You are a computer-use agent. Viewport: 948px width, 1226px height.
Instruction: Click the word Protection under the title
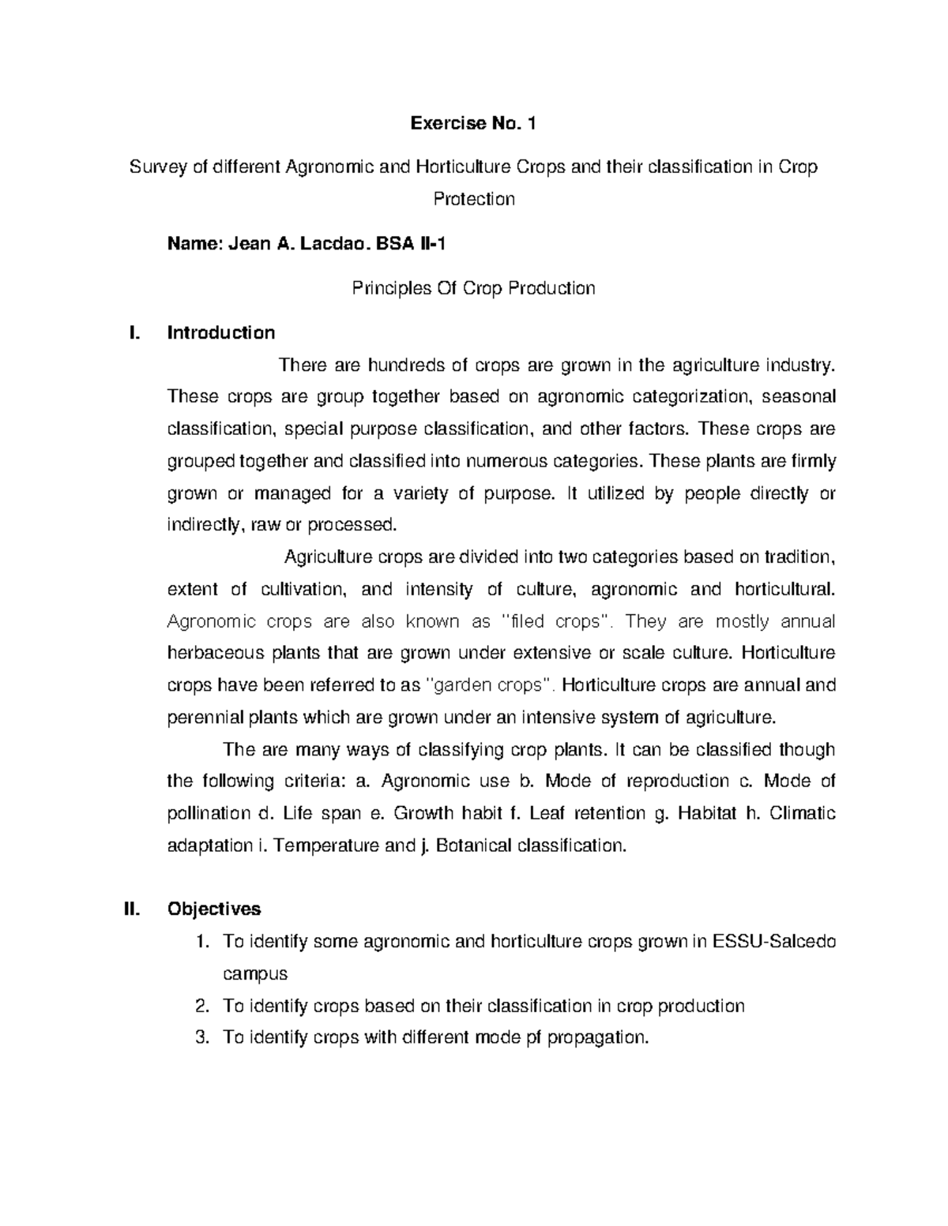pyautogui.click(x=474, y=198)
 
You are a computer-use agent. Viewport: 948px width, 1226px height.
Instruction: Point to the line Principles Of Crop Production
pyautogui.click(x=472, y=288)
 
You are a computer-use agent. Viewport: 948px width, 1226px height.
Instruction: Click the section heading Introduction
pyautogui.click(x=221, y=332)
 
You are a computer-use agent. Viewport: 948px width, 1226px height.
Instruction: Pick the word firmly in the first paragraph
pyautogui.click(x=814, y=461)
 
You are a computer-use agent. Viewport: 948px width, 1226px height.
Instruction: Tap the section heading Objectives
pyautogui.click(x=213, y=909)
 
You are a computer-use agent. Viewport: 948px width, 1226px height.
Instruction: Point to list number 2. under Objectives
pyautogui.click(x=201, y=1006)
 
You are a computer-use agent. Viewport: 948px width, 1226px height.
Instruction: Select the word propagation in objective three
pyautogui.click(x=598, y=1037)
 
